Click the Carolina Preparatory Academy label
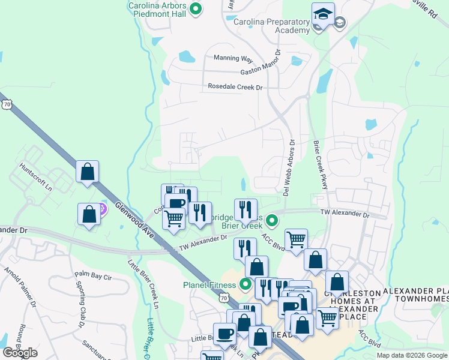[x=271, y=26]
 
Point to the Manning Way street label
[x=233, y=58]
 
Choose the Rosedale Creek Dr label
[x=235, y=87]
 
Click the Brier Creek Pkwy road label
[x=320, y=165]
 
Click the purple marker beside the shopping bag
[x=102, y=209]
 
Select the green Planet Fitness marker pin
[x=245, y=284]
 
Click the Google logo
[x=20, y=353]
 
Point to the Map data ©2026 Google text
[x=411, y=355]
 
